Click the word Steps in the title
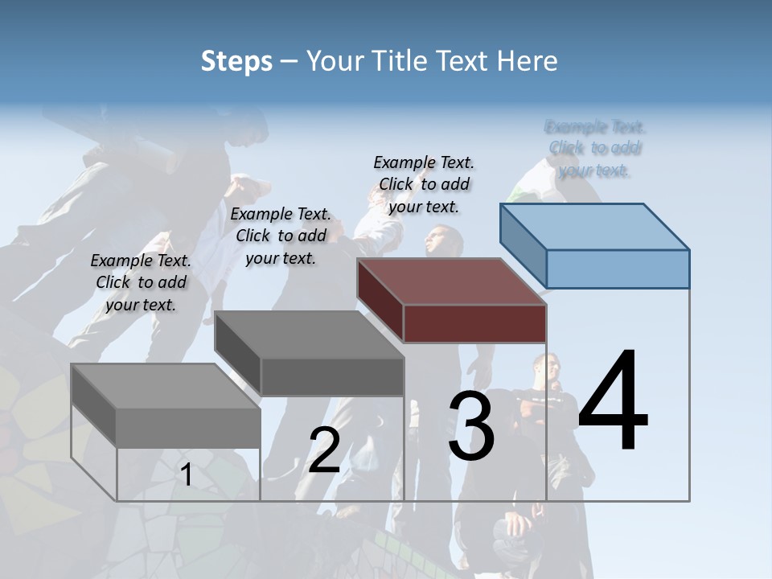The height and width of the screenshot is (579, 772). [x=236, y=61]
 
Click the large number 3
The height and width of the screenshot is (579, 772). [x=471, y=425]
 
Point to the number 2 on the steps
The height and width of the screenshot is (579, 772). [x=324, y=450]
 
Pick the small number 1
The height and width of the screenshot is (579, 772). [x=187, y=474]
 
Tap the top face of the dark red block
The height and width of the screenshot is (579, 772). [x=450, y=281]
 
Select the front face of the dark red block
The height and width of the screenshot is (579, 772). [x=474, y=323]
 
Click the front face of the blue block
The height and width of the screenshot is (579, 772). [x=618, y=269]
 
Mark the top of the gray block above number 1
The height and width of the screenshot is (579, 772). [x=165, y=386]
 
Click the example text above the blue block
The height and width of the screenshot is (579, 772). [x=595, y=148]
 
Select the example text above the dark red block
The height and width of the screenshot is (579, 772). [x=424, y=184]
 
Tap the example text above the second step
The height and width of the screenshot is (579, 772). [x=281, y=236]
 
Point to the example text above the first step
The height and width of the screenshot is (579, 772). [x=141, y=282]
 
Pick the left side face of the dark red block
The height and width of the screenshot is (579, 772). [x=380, y=297]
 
